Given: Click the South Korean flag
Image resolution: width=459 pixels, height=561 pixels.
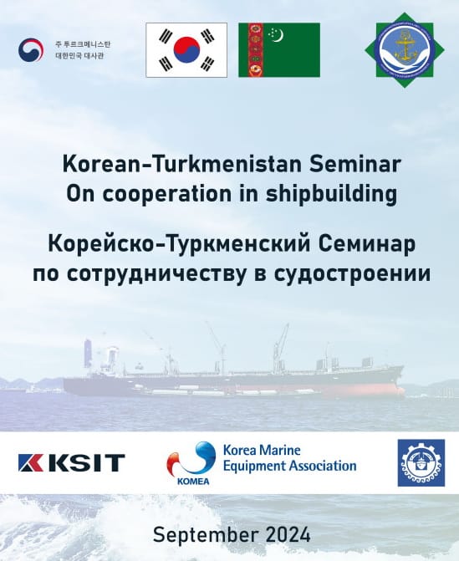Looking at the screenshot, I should pos(186,50).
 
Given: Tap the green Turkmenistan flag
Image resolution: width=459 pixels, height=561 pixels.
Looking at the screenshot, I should pos(278,50).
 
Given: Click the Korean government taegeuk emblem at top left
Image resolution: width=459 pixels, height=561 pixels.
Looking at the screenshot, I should pos(31,50).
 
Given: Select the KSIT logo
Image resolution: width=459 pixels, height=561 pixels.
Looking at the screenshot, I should pos(72,462).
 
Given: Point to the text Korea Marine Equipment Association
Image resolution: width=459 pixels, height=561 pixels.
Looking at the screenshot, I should pos(288,457).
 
